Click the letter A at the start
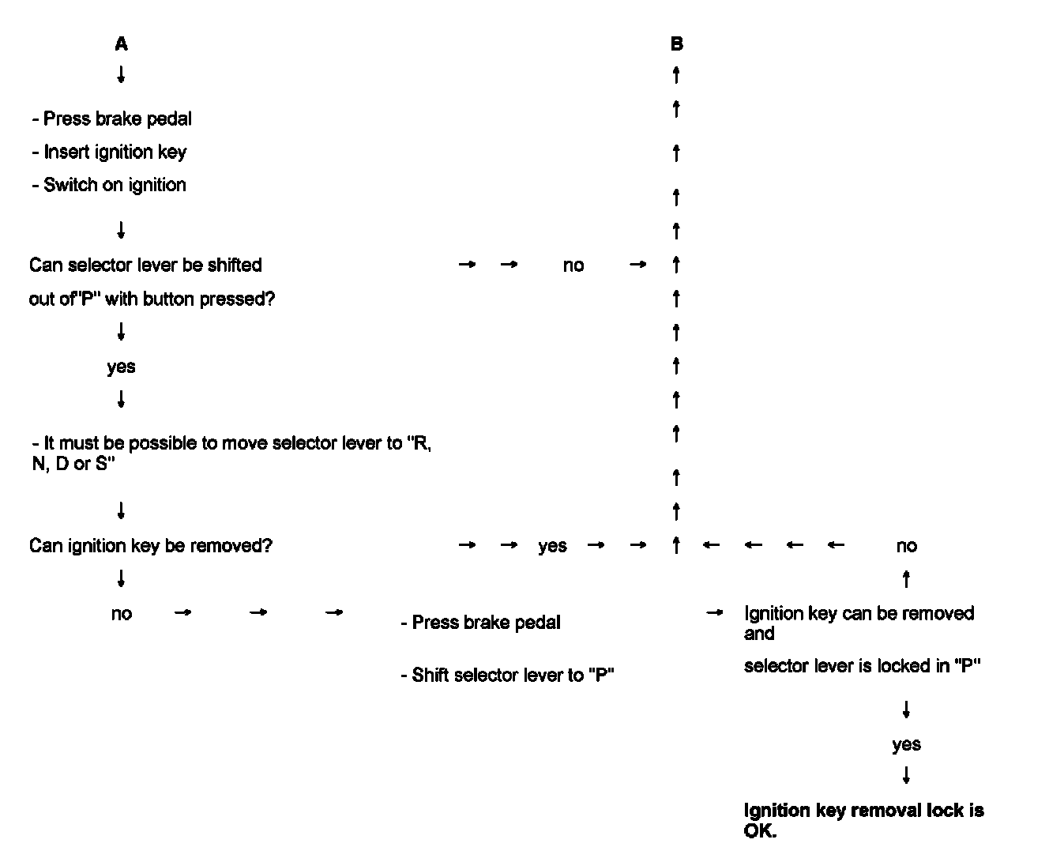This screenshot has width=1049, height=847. click(121, 44)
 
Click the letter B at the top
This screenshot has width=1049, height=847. click(676, 44)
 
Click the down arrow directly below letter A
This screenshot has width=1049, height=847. click(121, 75)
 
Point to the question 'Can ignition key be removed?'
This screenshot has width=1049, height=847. click(151, 546)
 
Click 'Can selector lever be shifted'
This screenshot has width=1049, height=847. click(145, 265)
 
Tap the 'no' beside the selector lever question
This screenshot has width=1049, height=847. click(573, 265)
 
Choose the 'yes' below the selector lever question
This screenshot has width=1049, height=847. click(121, 367)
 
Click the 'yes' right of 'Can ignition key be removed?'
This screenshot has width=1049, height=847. click(552, 546)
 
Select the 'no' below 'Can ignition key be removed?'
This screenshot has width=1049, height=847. click(121, 614)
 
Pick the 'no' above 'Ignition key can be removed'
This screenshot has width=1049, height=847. click(906, 546)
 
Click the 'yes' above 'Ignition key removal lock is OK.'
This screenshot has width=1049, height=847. click(906, 744)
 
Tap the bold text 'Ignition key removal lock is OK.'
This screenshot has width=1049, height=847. click(863, 820)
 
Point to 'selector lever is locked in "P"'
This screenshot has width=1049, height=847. click(862, 666)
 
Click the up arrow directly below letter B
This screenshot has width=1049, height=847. click(676, 75)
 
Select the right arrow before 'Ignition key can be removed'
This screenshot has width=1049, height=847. click(714, 613)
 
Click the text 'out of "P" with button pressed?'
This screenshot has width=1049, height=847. click(152, 299)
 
